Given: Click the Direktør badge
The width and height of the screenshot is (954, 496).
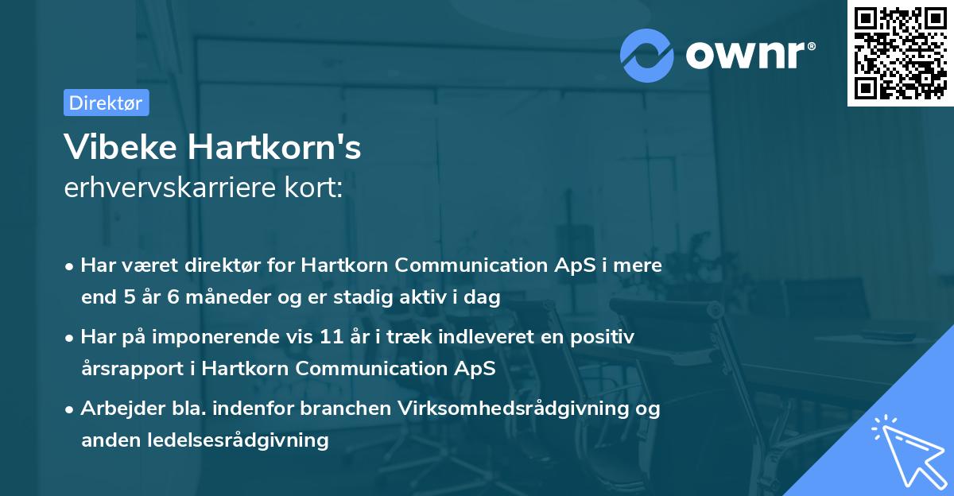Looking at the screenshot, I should pyautogui.click(x=106, y=103).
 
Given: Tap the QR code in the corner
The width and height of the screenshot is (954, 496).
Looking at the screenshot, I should pyautogui.click(x=900, y=53).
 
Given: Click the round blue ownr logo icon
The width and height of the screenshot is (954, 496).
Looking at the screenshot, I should pyautogui.click(x=647, y=55).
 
